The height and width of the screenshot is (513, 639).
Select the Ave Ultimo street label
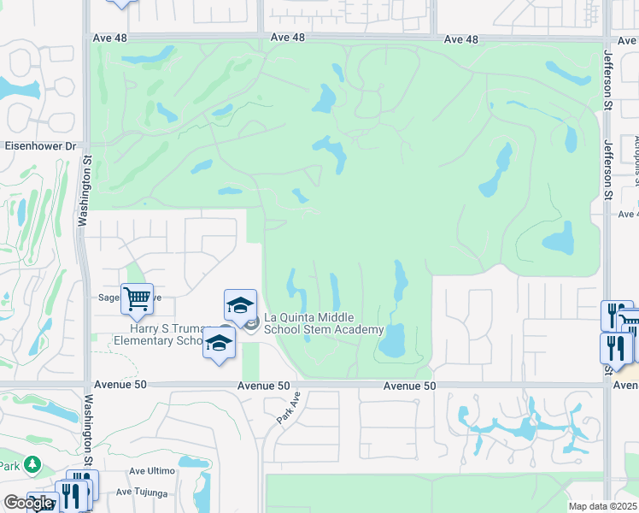point(151,471)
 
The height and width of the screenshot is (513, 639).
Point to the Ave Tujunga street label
point(144,491)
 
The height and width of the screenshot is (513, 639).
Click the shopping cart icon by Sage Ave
point(137,299)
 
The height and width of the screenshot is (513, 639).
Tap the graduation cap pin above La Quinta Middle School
point(240,305)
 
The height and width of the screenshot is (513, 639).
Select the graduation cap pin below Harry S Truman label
point(219,344)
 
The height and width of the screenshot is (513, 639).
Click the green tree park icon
point(32,464)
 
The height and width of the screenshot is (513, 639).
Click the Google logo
point(28,503)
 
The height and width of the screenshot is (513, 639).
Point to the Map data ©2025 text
point(602,506)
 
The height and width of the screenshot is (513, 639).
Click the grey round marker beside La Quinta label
point(251,323)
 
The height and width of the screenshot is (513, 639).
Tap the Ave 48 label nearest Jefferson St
point(461,39)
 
